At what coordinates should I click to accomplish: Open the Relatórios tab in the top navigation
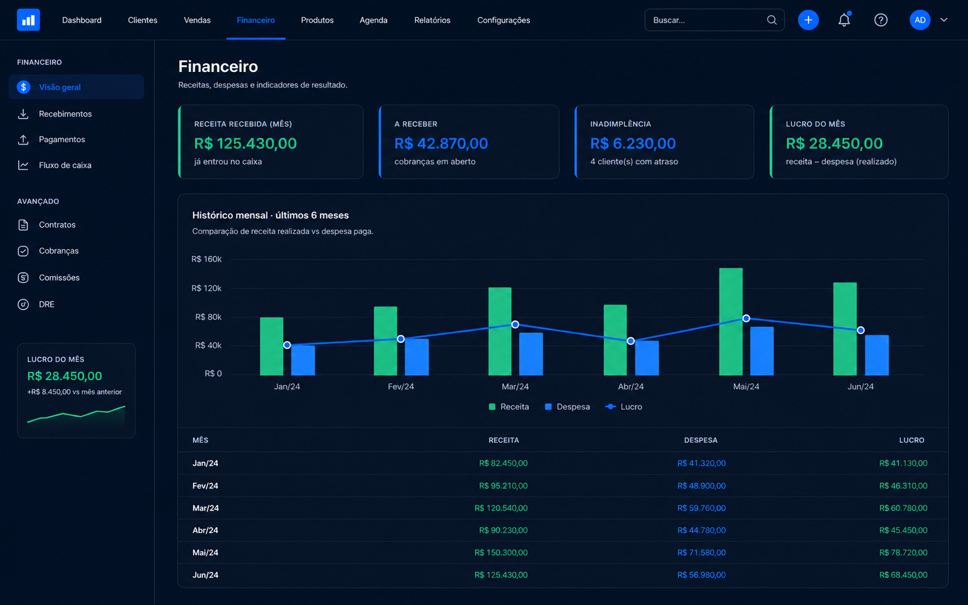[432, 21]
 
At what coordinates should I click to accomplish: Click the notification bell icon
[844, 20]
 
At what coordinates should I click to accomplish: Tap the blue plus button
[808, 20]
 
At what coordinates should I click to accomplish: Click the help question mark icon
[880, 20]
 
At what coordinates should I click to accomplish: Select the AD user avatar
[920, 20]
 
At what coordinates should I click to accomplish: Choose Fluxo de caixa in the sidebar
[65, 165]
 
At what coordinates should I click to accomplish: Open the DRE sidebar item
[47, 304]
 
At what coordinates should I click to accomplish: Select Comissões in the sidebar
[59, 278]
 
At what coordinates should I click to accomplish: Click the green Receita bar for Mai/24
[731, 321]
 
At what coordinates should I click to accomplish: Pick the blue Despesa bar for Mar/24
[531, 354]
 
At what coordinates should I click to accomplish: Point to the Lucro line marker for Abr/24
[630, 341]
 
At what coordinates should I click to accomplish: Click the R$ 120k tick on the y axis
[206, 288]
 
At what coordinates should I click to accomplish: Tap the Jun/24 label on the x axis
[860, 387]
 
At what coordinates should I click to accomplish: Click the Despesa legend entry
[567, 407]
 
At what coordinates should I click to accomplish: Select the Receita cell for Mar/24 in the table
[501, 508]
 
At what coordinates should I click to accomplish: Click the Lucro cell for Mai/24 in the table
[903, 553]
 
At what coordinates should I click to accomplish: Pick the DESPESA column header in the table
[701, 440]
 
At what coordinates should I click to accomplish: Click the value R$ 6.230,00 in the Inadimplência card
[633, 143]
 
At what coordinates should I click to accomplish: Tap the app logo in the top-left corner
[28, 20]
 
